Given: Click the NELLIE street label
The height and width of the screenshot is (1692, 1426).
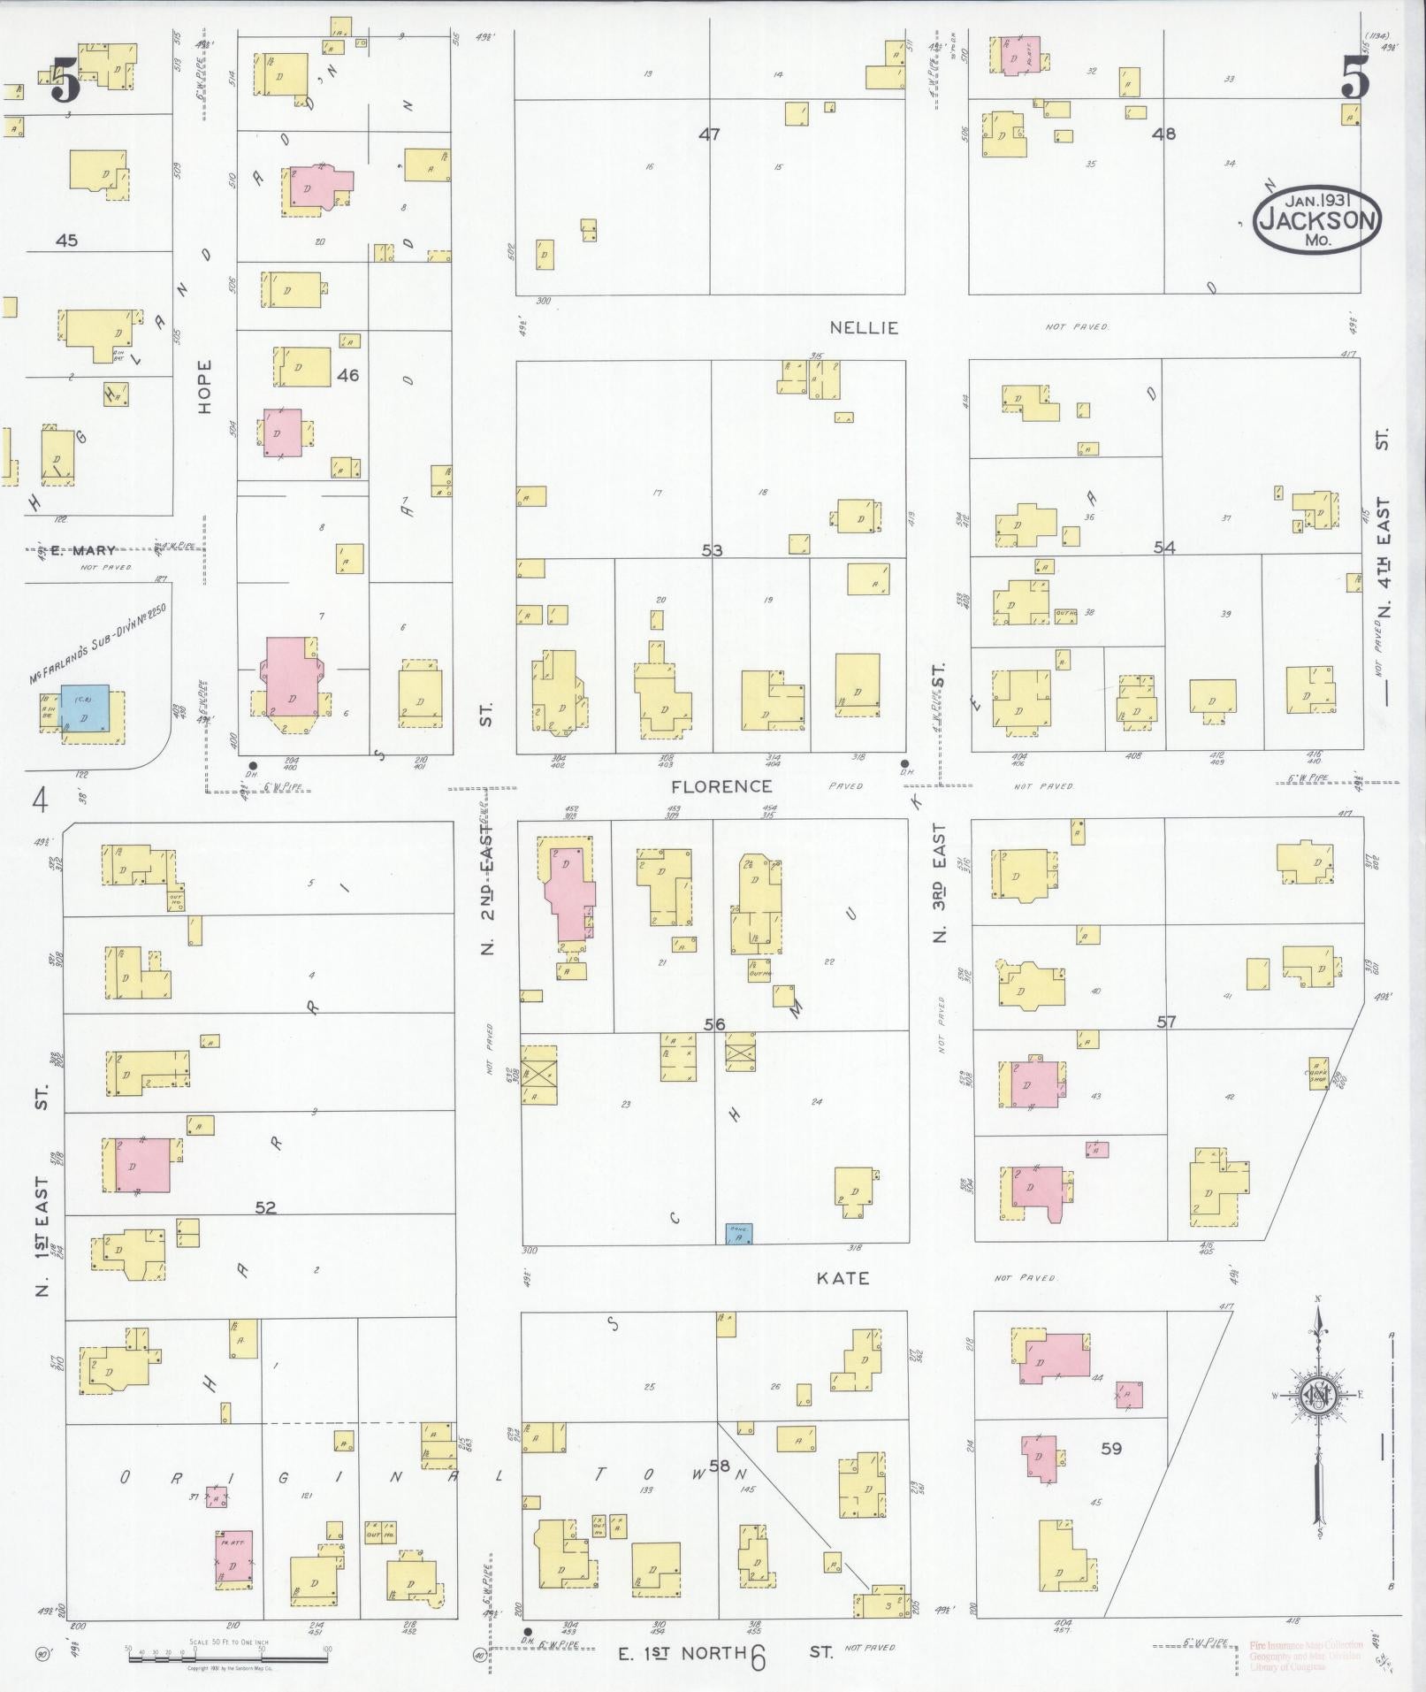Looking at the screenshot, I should [x=863, y=328].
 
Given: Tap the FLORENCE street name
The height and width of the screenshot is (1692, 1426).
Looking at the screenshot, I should [x=721, y=786].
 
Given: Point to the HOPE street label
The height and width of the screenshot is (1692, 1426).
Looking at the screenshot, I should [x=206, y=387].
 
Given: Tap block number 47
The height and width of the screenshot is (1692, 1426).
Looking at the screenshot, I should [x=709, y=134].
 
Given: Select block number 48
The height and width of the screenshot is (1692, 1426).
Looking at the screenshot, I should [x=1163, y=134].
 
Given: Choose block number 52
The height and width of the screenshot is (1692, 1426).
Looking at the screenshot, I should [x=265, y=1207].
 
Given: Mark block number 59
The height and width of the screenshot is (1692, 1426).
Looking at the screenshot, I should [x=1110, y=1449].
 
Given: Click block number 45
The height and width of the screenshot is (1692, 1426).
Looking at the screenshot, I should [x=66, y=240].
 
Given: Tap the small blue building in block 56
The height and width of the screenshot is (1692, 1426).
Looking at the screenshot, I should [x=738, y=1235].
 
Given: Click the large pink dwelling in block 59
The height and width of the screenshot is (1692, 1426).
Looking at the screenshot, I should [x=1056, y=1359].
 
